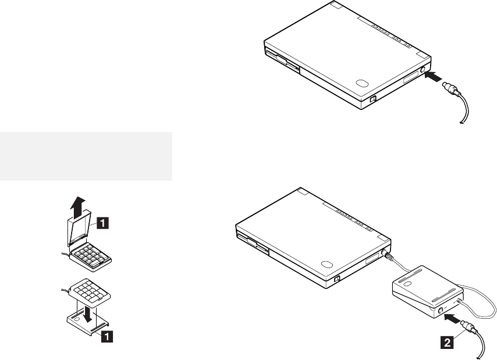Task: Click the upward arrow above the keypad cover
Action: (77, 208)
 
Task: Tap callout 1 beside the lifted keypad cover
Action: (103, 223)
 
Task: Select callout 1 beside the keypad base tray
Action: (107, 336)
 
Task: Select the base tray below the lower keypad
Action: (88, 323)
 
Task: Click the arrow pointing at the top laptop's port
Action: (433, 76)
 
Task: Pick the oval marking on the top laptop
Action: (362, 83)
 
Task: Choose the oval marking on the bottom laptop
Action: (326, 264)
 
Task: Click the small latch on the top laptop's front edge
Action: (372, 99)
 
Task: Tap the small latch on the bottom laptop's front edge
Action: (336, 279)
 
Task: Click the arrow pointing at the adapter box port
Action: (452, 318)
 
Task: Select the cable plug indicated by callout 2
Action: (469, 327)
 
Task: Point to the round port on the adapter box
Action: (440, 311)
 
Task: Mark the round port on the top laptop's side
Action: (423, 70)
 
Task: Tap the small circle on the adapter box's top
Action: (409, 283)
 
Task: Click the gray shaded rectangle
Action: (86, 156)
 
